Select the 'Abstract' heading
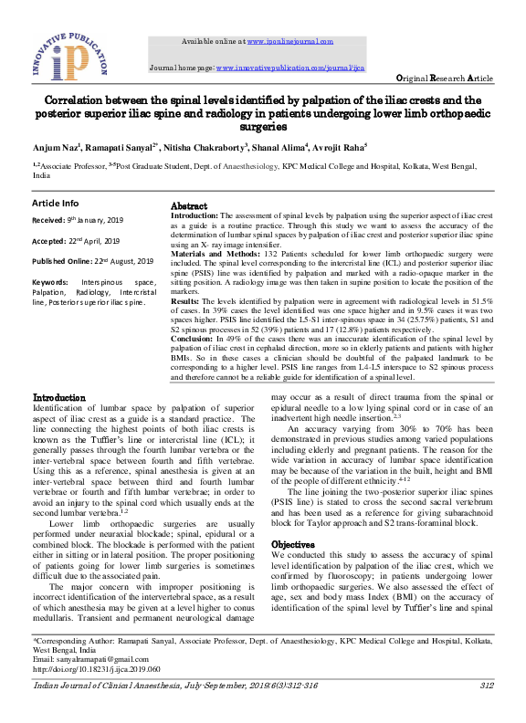point(189,206)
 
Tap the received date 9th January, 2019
point(88,220)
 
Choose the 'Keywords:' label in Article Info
point(55,284)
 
